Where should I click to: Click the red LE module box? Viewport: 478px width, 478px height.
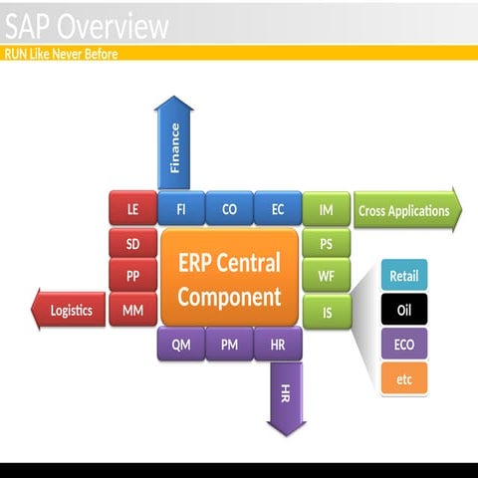132,208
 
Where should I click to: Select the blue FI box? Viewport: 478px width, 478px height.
181,208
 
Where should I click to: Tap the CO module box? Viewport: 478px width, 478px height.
229,208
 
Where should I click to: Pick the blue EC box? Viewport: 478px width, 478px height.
278,208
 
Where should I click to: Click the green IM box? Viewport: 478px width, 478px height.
327,209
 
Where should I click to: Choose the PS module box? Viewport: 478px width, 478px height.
327,243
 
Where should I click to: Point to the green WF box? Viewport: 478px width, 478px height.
327,275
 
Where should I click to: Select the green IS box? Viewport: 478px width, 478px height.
327,312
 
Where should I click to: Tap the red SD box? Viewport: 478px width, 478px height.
132,243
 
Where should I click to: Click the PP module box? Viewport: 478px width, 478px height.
132,275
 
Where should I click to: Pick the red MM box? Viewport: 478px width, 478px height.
132,310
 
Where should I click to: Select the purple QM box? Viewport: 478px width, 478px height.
181,344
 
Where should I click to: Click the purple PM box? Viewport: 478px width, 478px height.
229,344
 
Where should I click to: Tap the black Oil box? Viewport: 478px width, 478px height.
404,309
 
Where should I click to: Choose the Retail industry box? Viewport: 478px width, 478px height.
404,275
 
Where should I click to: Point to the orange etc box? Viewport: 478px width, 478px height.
404,378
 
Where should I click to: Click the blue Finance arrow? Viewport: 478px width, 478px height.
174,142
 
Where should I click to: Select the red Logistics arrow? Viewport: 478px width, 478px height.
69,310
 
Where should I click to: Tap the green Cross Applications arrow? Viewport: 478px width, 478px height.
407,210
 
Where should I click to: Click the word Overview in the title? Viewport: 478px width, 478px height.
113,26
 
